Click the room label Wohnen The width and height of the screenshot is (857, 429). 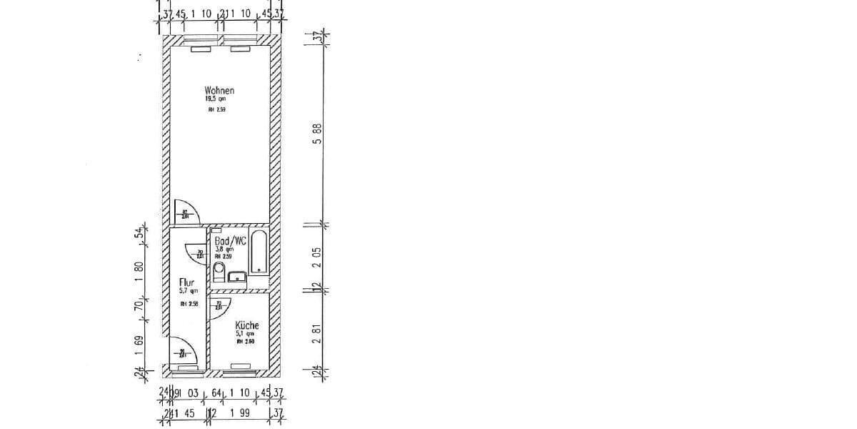pos(219,91)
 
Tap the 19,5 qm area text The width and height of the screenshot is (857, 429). pos(215,100)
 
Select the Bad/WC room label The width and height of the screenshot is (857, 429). pos(231,242)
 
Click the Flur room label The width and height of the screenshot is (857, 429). pos(186,283)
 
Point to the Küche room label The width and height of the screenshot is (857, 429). pos(247,325)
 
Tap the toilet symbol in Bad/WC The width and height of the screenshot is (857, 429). pos(219,273)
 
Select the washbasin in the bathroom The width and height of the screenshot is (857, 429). pos(237,277)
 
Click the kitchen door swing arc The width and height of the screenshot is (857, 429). pos(217,306)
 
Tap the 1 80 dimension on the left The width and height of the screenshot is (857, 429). pos(140,272)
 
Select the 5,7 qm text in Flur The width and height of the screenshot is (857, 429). pos(184,292)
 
